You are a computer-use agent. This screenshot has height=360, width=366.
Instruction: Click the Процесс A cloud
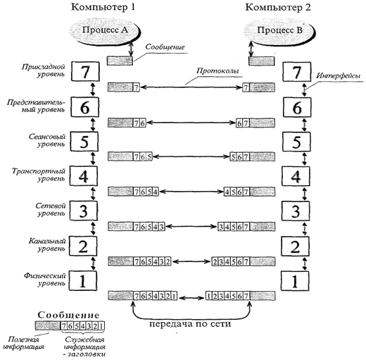[105, 30]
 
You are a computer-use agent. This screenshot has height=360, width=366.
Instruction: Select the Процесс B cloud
[279, 30]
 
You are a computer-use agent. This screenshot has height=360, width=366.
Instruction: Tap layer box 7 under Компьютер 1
[85, 71]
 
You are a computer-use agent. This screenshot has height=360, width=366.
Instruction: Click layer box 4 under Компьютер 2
[296, 176]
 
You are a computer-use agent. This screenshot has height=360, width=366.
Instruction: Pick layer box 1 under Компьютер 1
[83, 281]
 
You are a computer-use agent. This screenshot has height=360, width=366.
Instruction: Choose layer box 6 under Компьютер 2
[297, 107]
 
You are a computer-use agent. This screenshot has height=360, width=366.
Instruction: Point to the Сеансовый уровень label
[47, 140]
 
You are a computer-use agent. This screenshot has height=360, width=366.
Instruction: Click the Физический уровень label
[44, 280]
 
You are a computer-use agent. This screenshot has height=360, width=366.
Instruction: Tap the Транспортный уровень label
[39, 175]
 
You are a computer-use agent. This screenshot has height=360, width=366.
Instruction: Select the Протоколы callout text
[217, 70]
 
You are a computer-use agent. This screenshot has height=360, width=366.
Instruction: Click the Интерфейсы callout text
[338, 75]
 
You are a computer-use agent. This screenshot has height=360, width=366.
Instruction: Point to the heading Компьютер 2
[278, 8]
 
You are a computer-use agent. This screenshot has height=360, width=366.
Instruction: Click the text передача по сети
[190, 324]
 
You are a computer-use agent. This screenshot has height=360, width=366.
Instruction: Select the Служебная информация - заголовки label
[84, 347]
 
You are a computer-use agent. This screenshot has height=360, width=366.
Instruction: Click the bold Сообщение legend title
[69, 315]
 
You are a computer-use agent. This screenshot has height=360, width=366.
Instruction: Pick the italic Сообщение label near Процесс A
[165, 47]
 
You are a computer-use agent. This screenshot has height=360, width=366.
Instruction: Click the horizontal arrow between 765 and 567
[191, 156]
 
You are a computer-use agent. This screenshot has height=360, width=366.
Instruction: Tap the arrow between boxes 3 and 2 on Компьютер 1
[93, 228]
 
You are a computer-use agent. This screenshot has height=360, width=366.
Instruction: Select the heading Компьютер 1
[103, 8]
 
